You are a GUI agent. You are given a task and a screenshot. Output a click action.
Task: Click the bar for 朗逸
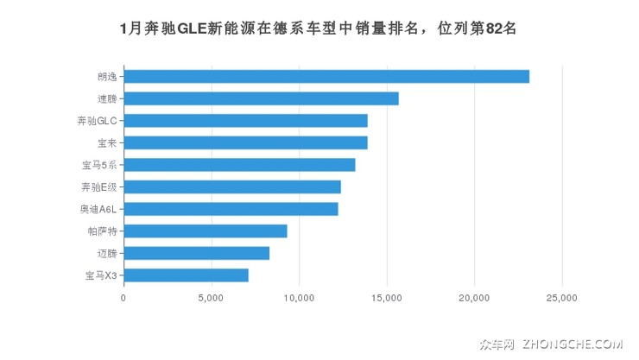[x=326, y=76]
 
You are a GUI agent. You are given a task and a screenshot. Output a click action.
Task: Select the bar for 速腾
[x=261, y=98]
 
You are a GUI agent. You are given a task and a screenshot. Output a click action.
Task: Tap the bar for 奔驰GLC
[x=245, y=120]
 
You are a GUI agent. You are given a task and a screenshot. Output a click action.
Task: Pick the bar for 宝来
[x=245, y=142]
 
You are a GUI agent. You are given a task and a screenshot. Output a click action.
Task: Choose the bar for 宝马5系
[x=239, y=165]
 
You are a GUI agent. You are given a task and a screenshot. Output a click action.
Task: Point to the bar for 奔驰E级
[x=232, y=186]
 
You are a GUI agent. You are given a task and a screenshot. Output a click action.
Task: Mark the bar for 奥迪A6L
[x=231, y=209]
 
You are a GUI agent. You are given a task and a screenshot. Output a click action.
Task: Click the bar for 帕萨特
[x=206, y=231]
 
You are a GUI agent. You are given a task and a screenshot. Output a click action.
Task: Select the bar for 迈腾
[x=197, y=253]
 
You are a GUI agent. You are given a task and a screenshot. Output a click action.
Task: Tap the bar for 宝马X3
[x=186, y=275]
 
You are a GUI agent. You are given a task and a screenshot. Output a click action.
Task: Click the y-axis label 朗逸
[x=107, y=76]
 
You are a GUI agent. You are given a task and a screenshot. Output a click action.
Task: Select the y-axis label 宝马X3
[x=101, y=275]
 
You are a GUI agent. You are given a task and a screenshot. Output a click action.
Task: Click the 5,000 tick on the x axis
[x=211, y=298]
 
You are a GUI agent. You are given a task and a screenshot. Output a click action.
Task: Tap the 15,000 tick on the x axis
[x=387, y=298]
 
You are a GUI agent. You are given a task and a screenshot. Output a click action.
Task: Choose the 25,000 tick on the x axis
[x=562, y=298]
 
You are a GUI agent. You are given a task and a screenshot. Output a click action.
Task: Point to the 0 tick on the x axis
[x=123, y=298]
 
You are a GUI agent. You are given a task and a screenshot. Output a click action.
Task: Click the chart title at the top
[x=319, y=28]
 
